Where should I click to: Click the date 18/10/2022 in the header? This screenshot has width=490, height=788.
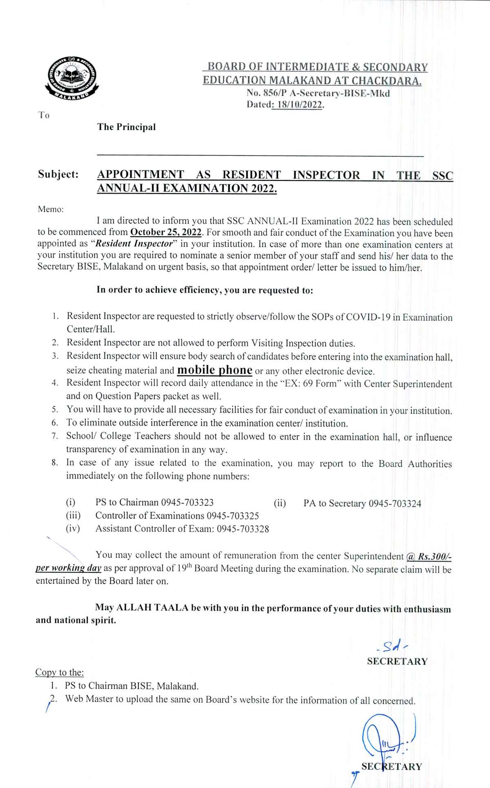pos(300,104)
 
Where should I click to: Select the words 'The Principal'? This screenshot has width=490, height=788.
pos(126,127)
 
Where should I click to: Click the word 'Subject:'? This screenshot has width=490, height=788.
pos(58,174)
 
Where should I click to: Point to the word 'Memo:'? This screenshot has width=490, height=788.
pos(51,209)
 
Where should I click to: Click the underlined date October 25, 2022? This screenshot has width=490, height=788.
pos(166,232)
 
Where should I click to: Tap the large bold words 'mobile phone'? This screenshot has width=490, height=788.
pos(214,370)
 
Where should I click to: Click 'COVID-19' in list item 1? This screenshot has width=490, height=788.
pos(368,317)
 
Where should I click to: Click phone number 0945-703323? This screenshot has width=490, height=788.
pos(187,502)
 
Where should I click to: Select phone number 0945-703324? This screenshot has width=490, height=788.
pos(395,504)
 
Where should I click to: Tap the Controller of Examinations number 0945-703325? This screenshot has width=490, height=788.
pos(233,515)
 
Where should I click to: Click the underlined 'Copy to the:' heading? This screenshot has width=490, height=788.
pos(60,672)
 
